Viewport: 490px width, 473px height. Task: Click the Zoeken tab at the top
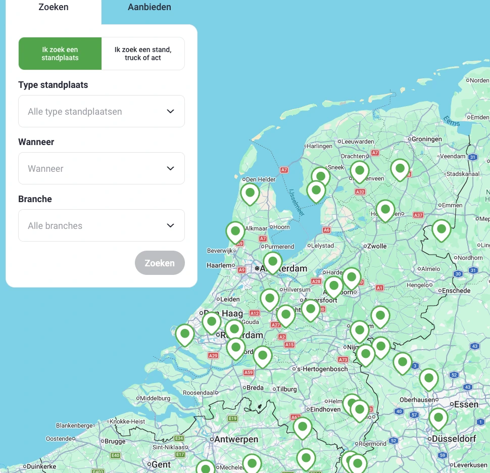(54, 7)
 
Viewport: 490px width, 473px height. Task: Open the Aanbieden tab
(149, 7)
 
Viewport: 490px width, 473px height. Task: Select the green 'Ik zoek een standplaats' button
(60, 54)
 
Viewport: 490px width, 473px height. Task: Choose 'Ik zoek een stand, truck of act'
(143, 54)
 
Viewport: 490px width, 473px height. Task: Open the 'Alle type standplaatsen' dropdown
(102, 111)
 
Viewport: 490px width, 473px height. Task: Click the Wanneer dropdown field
(102, 168)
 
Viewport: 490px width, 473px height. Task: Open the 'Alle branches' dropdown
(102, 225)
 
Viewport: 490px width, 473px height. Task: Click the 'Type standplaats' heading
(53, 85)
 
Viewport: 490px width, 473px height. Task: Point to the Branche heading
(35, 199)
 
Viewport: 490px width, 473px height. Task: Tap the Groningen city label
(427, 139)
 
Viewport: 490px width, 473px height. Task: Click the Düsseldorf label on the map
(453, 439)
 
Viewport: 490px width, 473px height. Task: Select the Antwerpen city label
(236, 439)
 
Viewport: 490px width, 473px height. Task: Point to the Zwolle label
(376, 246)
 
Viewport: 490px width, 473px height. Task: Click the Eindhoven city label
(325, 409)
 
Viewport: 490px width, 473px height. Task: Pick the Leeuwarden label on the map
(358, 142)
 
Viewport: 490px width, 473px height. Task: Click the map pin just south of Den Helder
(250, 193)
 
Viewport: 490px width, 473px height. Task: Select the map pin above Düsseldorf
(438, 418)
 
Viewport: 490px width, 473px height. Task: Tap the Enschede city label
(456, 291)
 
